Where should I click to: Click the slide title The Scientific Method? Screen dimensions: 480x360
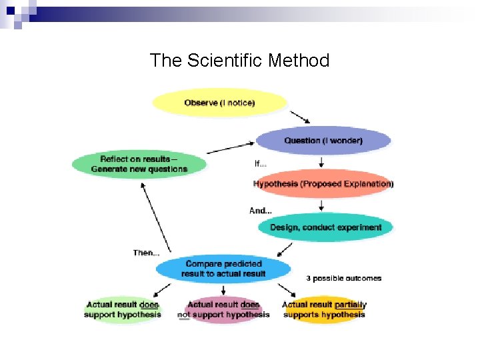click(239, 61)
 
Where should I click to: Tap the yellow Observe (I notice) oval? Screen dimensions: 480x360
click(219, 103)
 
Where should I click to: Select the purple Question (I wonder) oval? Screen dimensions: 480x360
click(323, 141)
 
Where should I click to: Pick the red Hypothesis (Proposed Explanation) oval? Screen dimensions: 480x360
click(323, 183)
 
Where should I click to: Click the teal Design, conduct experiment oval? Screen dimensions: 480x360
click(325, 227)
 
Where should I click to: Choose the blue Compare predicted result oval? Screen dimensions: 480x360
click(223, 269)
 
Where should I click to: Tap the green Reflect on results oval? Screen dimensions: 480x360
click(139, 164)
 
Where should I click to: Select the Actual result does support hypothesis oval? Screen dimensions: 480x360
click(123, 310)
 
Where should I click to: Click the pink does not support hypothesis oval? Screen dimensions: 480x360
click(223, 310)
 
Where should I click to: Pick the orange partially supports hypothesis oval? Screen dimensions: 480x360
click(324, 310)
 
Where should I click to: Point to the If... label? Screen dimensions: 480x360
click(261, 163)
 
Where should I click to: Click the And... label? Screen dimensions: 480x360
click(260, 211)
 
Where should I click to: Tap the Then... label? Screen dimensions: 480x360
click(146, 253)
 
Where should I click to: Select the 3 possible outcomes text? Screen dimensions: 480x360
click(343, 278)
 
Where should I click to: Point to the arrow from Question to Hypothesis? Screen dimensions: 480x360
click(322, 161)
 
